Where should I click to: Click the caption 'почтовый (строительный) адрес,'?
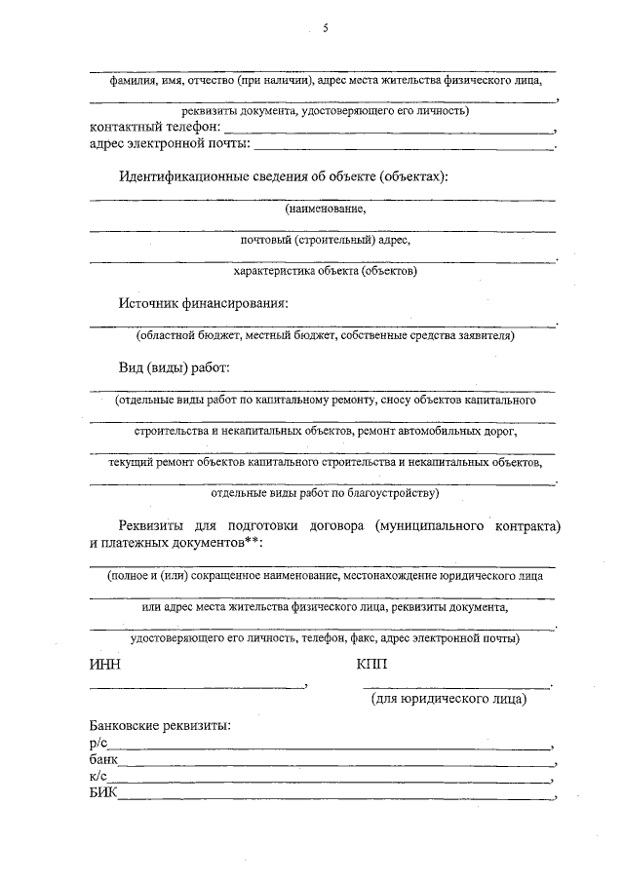tap(325, 240)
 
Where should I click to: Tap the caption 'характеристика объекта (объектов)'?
tap(325, 271)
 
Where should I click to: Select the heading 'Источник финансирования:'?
tap(205, 303)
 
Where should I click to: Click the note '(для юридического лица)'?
tap(448, 699)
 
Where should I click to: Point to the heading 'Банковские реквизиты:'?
tap(160, 727)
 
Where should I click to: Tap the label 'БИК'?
tap(102, 795)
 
